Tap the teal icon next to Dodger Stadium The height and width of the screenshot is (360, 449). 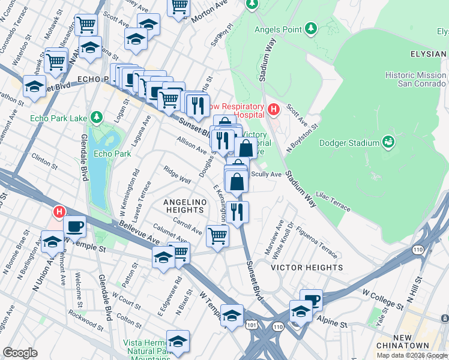[388, 142]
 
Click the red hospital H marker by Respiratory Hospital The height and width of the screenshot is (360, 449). [274, 110]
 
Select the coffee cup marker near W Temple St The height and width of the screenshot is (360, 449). [75, 226]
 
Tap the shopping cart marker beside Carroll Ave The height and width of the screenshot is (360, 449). [217, 235]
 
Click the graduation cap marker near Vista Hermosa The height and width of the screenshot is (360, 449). [178, 341]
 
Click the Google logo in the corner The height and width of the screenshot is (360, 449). [20, 353]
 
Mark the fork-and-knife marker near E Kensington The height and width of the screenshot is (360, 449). [238, 212]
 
